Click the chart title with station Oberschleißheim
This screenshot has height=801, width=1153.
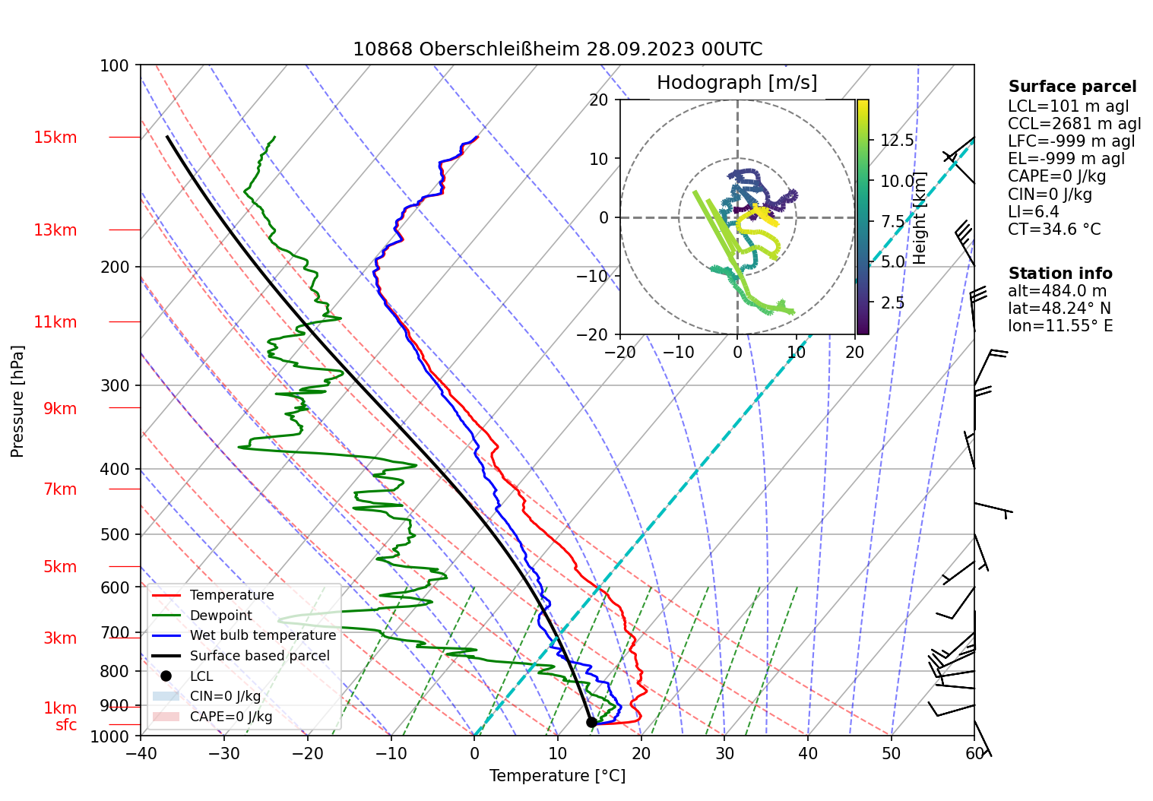click(x=557, y=49)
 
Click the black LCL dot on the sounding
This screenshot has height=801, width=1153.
click(x=591, y=722)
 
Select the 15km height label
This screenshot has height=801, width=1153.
click(x=55, y=138)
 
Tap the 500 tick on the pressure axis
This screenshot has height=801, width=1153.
click(x=115, y=534)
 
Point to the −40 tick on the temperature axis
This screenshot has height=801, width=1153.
click(x=141, y=753)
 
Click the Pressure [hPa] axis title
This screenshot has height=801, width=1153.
click(x=17, y=401)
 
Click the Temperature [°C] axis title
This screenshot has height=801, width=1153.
click(x=557, y=776)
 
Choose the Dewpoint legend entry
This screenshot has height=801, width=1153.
click(x=220, y=616)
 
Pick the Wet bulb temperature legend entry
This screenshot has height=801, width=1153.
click(x=262, y=635)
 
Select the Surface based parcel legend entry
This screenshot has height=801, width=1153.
click(x=259, y=656)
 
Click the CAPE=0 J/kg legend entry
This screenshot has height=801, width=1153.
click(x=230, y=717)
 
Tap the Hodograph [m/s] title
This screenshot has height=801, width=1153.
click(x=736, y=83)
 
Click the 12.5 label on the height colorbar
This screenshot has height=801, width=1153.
click(x=897, y=140)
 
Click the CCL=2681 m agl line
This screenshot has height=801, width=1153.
click(x=1074, y=124)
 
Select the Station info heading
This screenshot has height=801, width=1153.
click(x=1060, y=274)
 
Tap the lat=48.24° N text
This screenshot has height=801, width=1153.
click(x=1059, y=309)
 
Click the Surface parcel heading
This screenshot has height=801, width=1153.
click(x=1072, y=87)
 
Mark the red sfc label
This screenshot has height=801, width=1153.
click(x=66, y=725)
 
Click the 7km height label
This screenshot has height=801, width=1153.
click(x=60, y=489)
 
